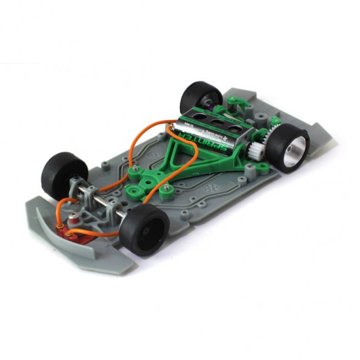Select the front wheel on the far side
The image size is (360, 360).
pos(64,172)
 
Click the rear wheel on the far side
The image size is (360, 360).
pos(201,96)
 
